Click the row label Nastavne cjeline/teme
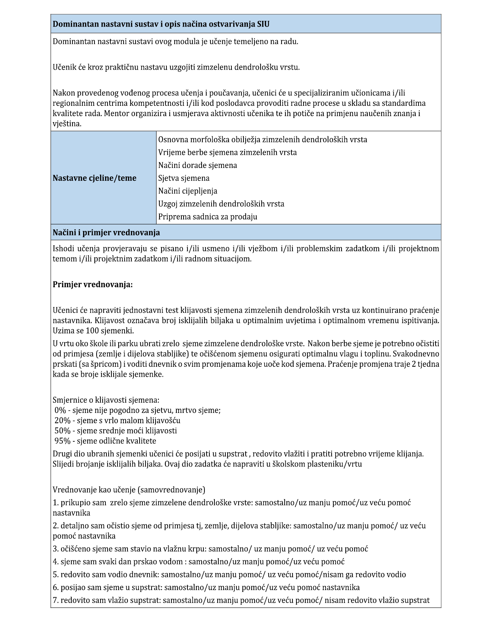click(x=94, y=178)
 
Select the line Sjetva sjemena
click(x=184, y=178)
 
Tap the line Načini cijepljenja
click(x=188, y=191)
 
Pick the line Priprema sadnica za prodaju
click(x=208, y=217)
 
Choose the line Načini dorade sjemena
click(x=198, y=165)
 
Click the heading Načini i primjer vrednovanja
click(x=106, y=233)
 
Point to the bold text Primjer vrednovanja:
click(x=93, y=285)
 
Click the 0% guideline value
click(x=60, y=410)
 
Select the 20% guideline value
click(x=62, y=420)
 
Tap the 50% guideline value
click(x=62, y=431)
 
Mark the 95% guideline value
click(x=62, y=441)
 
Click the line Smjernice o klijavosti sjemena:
click(x=106, y=400)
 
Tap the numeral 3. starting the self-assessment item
click(x=56, y=549)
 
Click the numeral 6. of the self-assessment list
click(x=56, y=587)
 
